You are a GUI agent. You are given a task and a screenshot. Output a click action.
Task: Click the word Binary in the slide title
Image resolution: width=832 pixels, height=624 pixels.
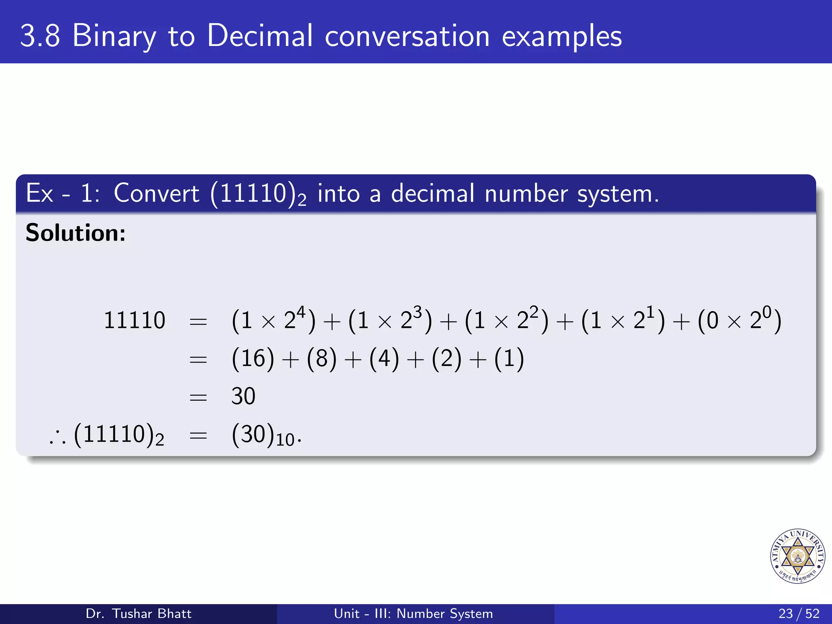click(x=114, y=37)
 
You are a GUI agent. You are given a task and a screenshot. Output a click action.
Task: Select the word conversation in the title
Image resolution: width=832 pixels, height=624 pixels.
click(x=407, y=37)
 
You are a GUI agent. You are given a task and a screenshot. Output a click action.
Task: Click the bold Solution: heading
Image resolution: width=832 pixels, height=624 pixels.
click(x=76, y=233)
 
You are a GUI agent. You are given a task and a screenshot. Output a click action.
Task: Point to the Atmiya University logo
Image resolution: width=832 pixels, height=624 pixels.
click(x=797, y=556)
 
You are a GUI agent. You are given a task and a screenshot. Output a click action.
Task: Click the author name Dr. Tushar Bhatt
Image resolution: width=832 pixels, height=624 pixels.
click(x=139, y=613)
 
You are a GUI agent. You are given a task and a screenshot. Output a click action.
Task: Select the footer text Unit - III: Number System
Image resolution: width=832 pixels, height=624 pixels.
click(x=413, y=613)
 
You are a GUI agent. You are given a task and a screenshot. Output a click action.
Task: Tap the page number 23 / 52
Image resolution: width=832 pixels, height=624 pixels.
click(x=799, y=613)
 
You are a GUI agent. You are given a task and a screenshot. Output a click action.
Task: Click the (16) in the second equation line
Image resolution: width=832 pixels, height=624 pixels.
click(x=253, y=358)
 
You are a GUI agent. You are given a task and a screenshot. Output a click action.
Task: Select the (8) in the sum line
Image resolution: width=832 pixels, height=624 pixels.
click(x=322, y=358)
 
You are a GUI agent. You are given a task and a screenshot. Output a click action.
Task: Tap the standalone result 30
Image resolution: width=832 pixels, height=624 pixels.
click(x=243, y=396)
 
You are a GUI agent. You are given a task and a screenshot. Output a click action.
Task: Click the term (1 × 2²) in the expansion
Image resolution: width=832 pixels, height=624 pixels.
click(x=506, y=320)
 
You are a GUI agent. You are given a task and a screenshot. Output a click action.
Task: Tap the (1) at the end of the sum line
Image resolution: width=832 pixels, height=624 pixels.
click(x=509, y=358)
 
